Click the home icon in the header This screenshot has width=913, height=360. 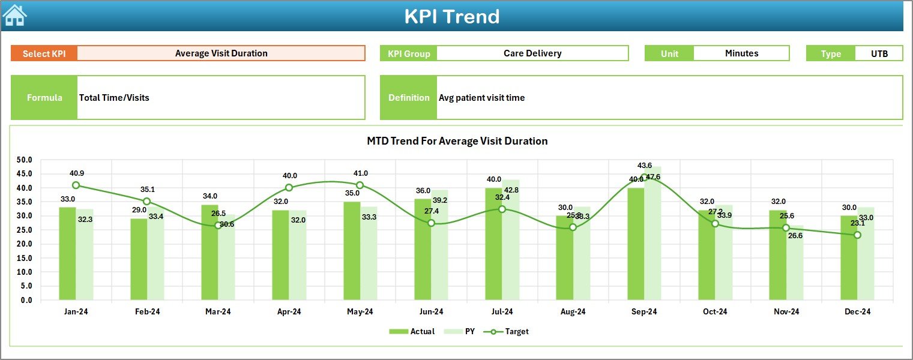coord(15,16)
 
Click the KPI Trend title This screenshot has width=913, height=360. coord(451,16)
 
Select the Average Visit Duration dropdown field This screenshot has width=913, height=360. coord(221,53)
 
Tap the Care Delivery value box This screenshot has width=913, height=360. coord(532,53)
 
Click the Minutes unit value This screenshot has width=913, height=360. coord(741,53)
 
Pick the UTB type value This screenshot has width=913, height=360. coord(879,53)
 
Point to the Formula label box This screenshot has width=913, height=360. coord(44,98)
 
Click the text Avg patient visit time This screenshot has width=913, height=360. coord(481,98)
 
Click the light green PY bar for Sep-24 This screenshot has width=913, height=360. coord(652,240)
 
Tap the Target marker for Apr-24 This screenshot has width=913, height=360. coord(289,188)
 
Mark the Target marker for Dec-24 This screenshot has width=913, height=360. coord(857,235)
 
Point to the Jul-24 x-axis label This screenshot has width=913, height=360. coord(502,312)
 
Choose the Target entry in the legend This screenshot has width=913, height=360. coord(510,331)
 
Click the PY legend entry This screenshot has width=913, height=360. coord(463,331)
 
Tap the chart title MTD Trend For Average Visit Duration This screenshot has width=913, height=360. coord(457,141)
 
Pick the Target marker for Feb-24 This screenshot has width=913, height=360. coord(146,202)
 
